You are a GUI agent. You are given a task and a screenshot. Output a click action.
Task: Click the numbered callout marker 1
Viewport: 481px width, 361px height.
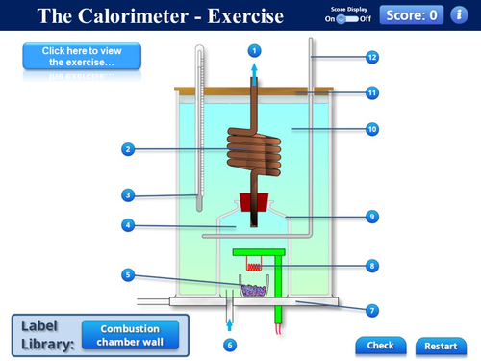coord(254,50)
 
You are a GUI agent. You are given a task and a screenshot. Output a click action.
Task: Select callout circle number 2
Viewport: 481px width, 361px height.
coord(127,149)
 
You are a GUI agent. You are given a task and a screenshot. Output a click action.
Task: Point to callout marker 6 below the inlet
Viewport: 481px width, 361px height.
coord(229,344)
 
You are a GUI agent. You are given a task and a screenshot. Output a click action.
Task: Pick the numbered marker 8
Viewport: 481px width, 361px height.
coord(372,265)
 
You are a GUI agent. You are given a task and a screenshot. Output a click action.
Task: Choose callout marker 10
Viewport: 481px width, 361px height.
coord(372,127)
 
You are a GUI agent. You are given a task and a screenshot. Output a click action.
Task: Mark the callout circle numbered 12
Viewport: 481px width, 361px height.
coord(372,57)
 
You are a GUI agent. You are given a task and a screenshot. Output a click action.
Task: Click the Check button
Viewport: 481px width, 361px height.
coord(380,345)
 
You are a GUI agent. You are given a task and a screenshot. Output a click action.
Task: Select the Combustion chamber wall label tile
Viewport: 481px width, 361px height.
coord(130,334)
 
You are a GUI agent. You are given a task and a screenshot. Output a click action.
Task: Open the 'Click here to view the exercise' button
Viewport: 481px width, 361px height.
coord(82,56)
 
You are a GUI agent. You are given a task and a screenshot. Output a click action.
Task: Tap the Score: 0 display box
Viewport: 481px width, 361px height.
coord(412,15)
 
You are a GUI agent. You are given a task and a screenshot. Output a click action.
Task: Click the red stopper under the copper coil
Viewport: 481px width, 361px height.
coord(254,202)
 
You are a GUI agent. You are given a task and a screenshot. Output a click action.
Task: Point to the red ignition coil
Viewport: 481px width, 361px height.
coord(255,266)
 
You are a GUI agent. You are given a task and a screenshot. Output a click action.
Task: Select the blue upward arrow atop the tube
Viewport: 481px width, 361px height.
coord(254,71)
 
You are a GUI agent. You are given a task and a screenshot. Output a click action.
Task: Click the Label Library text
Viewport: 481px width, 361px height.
coord(47,334)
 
